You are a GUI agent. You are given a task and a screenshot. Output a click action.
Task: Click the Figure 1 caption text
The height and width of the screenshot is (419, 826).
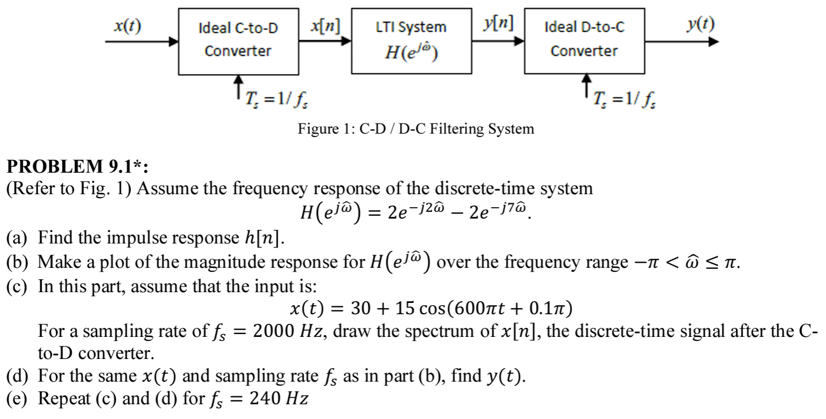tap(416, 129)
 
